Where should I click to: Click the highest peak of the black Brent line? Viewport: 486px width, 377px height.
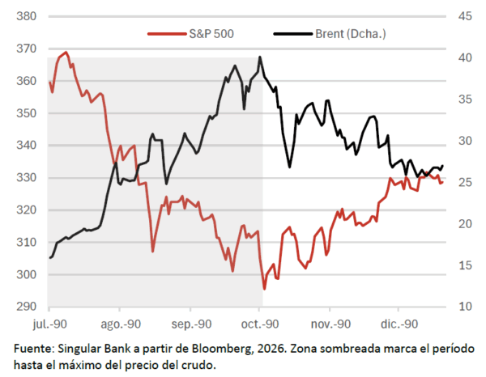coord(260,57)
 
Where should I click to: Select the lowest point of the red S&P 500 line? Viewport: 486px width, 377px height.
coord(264,289)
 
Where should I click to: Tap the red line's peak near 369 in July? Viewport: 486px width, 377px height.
coord(65,52)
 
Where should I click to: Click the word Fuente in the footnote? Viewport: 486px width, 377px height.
coord(32,348)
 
